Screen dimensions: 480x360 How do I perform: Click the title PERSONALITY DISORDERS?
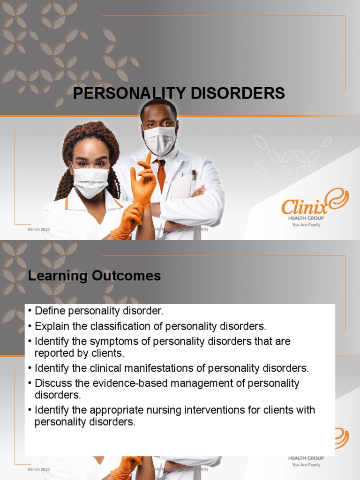tap(179, 93)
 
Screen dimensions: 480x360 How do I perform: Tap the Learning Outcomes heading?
tap(94, 276)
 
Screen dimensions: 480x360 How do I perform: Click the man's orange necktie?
tap(161, 174)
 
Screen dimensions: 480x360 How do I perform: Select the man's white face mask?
tap(159, 139)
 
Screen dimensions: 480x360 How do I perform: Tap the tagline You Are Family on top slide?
tap(306, 225)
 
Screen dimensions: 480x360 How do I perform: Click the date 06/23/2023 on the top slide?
tap(38, 229)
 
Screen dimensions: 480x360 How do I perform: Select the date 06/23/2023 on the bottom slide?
tap(38, 469)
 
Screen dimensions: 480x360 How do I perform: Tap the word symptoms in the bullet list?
tap(118, 341)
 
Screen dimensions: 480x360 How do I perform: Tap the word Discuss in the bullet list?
tap(52, 383)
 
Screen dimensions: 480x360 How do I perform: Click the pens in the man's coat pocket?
tap(194, 175)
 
